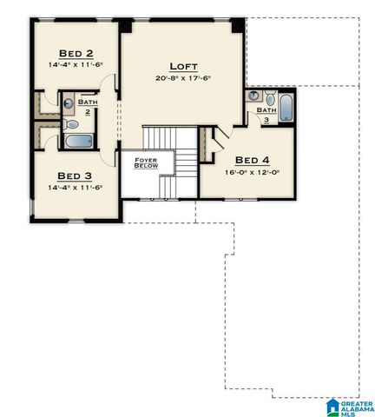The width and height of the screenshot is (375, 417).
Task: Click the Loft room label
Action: (184, 65)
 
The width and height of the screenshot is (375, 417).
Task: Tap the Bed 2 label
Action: (76, 51)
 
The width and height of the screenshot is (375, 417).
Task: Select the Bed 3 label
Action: (75, 174)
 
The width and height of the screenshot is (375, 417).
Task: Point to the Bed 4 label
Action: (253, 160)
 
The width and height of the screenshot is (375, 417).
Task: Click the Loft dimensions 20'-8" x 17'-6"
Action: (184, 78)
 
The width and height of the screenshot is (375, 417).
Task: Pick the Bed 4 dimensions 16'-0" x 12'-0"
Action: (253, 172)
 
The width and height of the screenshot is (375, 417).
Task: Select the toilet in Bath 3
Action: (270, 97)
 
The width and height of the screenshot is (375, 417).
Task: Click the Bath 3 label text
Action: (266, 114)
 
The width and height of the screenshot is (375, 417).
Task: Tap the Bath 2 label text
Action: (88, 107)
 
